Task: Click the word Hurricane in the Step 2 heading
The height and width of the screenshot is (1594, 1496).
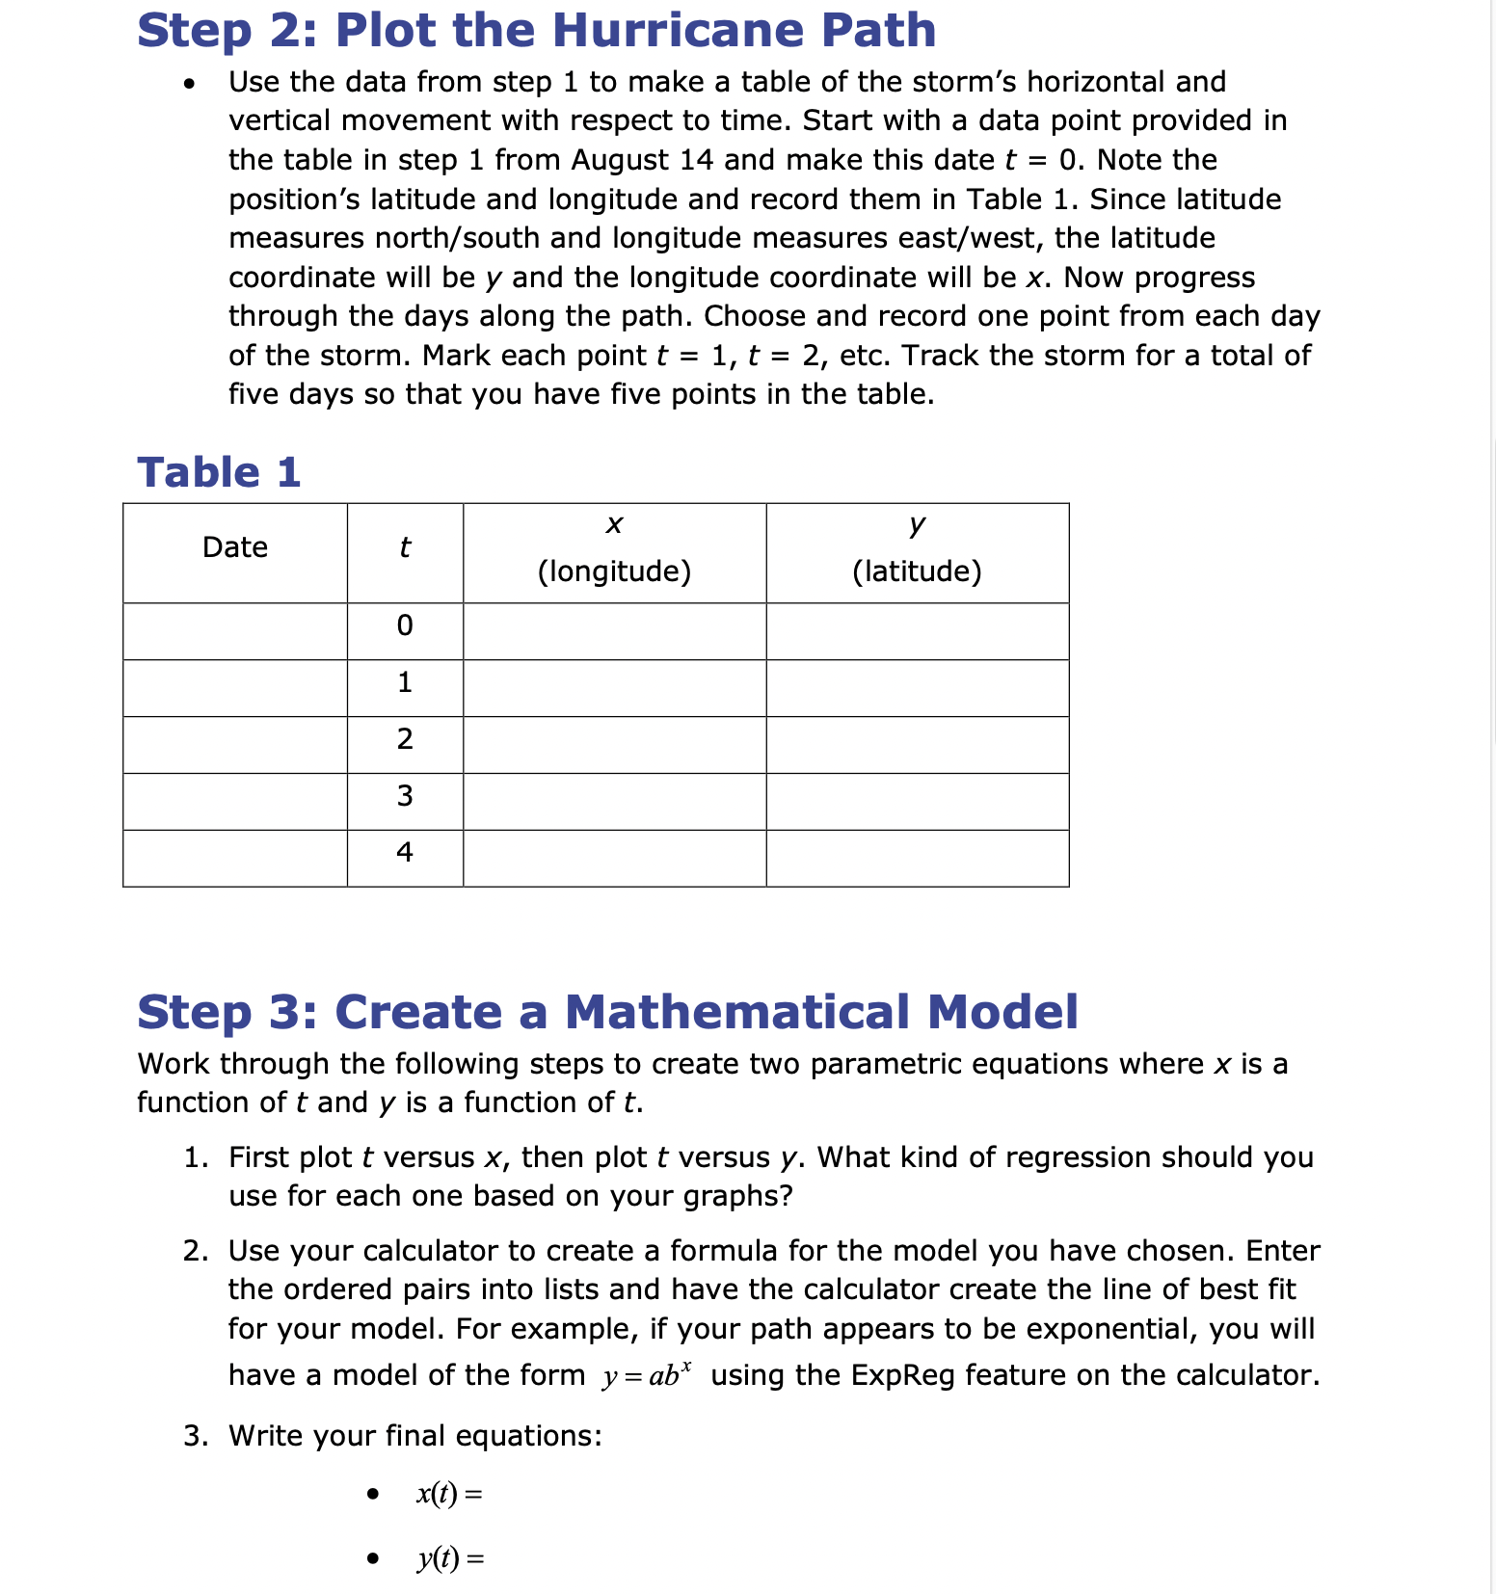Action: [x=679, y=30]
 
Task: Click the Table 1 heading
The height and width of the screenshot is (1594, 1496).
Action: [x=219, y=472]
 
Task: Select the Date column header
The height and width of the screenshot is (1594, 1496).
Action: [x=235, y=547]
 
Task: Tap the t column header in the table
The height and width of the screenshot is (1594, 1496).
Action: [x=405, y=547]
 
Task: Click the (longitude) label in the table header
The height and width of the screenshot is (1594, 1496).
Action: [x=614, y=571]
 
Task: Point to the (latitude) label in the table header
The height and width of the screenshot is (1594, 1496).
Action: [x=917, y=571]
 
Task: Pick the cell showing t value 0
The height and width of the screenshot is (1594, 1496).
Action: [x=405, y=626]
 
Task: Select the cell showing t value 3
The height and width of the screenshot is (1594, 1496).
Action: [x=405, y=796]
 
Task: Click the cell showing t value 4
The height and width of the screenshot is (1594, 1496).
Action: [x=405, y=852]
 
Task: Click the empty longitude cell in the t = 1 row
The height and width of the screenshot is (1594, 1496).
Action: [x=614, y=688]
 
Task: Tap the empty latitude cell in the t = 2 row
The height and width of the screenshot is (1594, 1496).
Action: [x=917, y=744]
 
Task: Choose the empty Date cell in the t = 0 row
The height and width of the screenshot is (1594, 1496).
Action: [x=235, y=631]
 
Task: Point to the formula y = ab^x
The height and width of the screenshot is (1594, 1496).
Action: [x=647, y=1374]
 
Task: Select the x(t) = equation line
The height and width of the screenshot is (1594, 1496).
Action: [x=449, y=1494]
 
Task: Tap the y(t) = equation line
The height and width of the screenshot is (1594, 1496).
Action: [x=450, y=1558]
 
